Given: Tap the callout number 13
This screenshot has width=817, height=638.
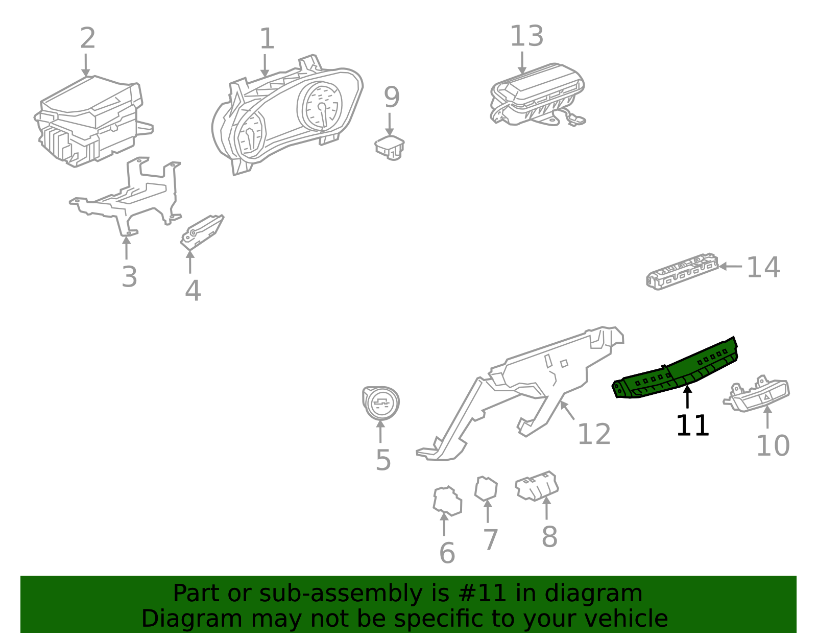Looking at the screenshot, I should tap(526, 37).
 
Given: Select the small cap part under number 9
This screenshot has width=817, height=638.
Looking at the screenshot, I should tap(389, 147).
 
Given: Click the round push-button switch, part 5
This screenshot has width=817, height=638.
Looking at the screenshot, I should tap(381, 403).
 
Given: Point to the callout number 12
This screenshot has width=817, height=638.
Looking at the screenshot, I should tap(593, 435).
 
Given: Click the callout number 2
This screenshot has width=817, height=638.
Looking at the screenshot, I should tap(87, 39).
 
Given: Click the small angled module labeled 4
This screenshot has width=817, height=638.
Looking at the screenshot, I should tap(201, 231).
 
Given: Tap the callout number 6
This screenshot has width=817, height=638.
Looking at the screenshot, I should tap(447, 553).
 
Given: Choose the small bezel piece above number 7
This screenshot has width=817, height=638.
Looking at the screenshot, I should tap(486, 489).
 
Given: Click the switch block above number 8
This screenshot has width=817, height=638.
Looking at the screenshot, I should tap(537, 486).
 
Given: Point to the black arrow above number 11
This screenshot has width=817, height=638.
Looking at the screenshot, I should tap(688, 397).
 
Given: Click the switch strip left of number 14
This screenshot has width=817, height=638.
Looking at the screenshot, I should tap(682, 271).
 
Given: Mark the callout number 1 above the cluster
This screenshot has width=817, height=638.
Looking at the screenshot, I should tap(267, 39).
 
